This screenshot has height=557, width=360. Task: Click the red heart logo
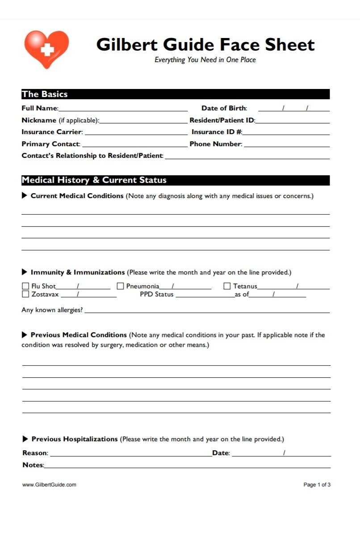(46, 48)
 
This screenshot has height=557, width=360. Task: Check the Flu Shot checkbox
(25, 286)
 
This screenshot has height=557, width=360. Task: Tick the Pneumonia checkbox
(120, 286)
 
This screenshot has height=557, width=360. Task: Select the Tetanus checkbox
(227, 286)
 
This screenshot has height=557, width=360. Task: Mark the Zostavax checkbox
(25, 294)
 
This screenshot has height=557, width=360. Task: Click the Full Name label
(40, 108)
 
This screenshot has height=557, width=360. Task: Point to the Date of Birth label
(224, 108)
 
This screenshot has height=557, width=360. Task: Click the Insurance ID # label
(217, 132)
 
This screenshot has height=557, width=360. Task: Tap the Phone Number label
(216, 144)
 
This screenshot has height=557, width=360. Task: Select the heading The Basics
(45, 94)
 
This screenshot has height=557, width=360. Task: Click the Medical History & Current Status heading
(94, 180)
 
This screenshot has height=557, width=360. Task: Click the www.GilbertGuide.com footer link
(49, 485)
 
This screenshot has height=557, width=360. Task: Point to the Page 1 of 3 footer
(317, 485)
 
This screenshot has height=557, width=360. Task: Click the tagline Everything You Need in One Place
(205, 60)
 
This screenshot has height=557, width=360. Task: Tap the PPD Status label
(156, 295)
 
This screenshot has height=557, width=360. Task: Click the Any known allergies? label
(52, 310)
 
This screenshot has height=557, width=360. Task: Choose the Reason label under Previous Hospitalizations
(35, 453)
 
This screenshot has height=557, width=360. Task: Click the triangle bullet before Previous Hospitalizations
(25, 439)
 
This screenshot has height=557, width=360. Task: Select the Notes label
(33, 465)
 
